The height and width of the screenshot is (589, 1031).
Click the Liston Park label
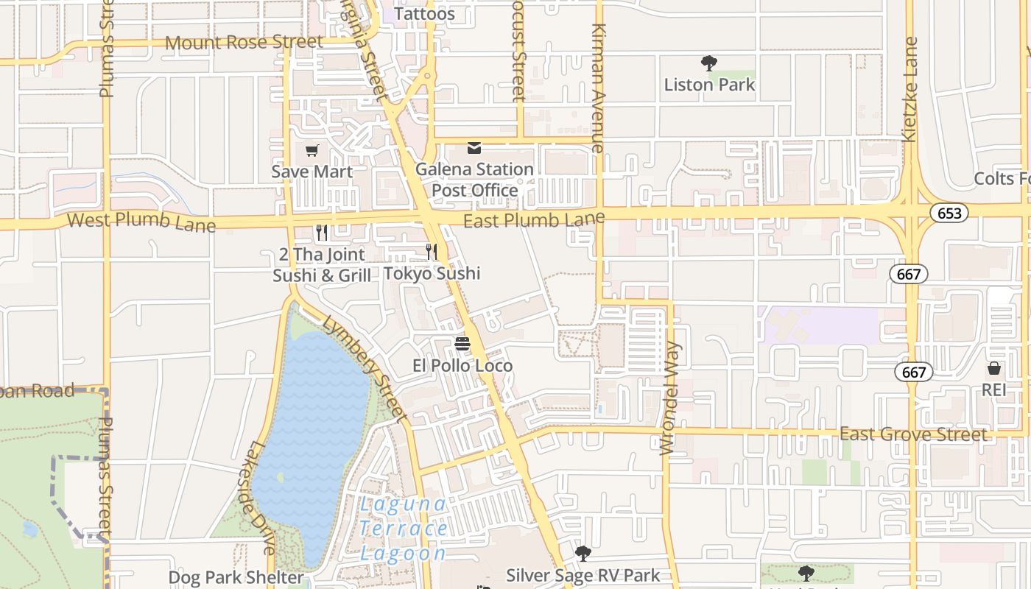pos(709,85)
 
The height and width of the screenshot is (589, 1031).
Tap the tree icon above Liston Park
pos(709,63)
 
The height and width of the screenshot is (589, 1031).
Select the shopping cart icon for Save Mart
pos(312,151)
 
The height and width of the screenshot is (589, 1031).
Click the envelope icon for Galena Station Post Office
pos(474,149)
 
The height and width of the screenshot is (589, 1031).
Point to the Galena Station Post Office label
pos(474,180)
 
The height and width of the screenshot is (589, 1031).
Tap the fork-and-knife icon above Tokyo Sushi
pos(432,252)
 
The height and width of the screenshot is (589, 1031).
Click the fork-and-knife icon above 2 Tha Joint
pos(321,233)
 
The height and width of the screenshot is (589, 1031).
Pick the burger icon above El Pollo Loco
pos(462,344)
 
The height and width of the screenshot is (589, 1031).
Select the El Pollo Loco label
pos(462,365)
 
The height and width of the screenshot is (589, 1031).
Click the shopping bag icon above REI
pos(993,368)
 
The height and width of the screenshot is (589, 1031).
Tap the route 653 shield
pos(949,214)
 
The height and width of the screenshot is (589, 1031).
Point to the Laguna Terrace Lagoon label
pos(403,529)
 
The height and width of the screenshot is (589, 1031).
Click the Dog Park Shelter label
pos(236,577)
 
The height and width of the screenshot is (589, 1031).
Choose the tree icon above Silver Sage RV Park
pos(583,553)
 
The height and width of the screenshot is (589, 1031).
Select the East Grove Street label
pos(913,434)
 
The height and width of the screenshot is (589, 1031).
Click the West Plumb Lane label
pos(141,222)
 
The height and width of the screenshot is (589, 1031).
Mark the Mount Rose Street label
pos(244,42)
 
